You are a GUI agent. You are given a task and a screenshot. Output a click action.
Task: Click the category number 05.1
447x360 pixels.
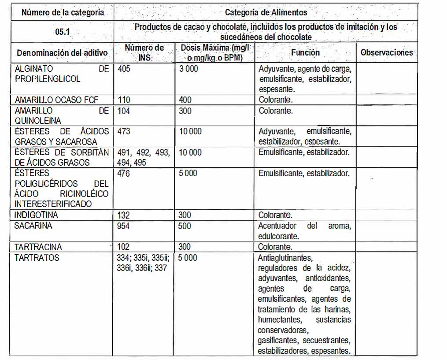point(63,32)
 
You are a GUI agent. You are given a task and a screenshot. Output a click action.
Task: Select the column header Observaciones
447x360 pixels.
point(386,52)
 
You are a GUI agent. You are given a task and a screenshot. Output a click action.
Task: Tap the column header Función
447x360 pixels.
point(305,52)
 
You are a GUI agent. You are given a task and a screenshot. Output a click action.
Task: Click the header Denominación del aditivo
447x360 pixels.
point(62,53)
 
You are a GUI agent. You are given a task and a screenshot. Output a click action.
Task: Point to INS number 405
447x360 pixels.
point(124,69)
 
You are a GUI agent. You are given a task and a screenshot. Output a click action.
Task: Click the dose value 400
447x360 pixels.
point(185,100)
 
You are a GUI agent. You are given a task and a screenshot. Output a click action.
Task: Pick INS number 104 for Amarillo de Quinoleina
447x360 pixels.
point(124,111)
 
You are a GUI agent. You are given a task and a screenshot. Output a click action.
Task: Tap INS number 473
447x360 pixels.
point(124,131)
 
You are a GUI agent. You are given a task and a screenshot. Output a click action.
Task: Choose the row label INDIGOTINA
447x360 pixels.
point(36,215)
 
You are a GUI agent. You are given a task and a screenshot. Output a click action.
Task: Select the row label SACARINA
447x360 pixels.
point(33,226)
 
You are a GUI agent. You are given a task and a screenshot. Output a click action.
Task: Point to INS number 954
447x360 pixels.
point(124,226)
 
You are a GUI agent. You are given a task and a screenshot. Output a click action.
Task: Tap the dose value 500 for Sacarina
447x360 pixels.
point(185,226)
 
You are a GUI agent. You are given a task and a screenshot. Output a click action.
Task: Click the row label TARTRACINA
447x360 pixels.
point(38,247)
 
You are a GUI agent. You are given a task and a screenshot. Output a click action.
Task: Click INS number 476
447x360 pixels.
point(124,173)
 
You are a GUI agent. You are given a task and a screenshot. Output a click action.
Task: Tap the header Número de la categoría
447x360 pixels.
point(63,12)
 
